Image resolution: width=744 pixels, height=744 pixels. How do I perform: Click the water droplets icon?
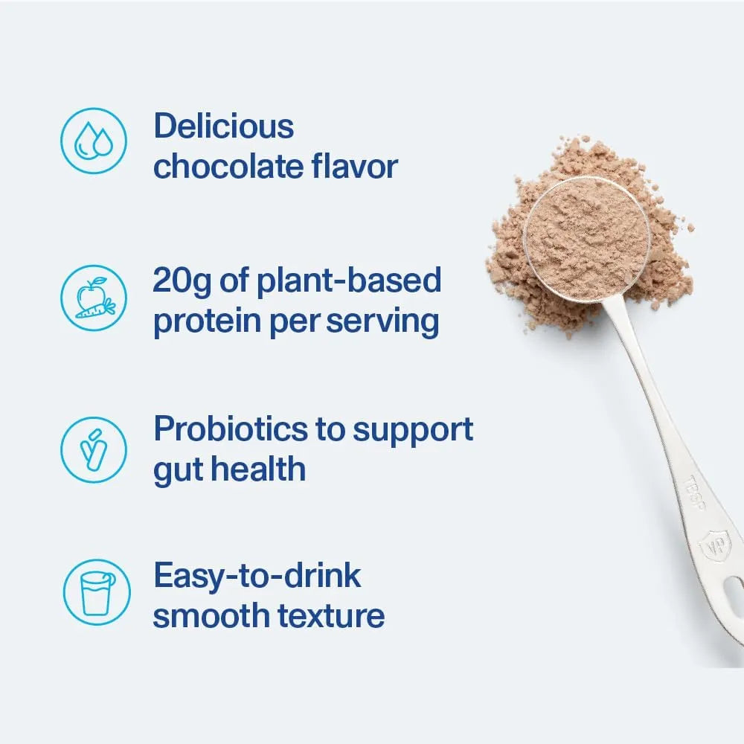93,141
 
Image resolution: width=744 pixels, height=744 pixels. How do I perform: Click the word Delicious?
223,126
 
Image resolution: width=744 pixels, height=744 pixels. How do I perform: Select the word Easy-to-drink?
257,576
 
